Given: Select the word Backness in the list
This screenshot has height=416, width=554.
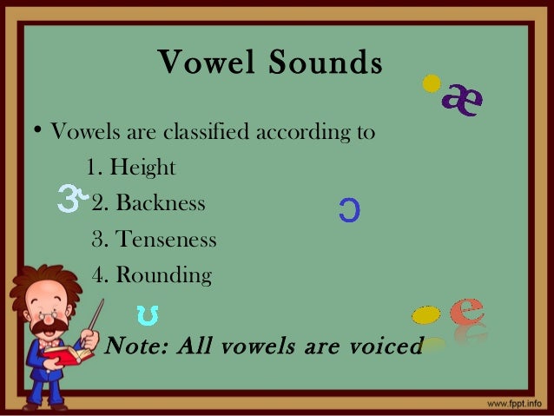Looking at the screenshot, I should click(x=161, y=203).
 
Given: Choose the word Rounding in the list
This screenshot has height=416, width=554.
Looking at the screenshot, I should click(x=163, y=276).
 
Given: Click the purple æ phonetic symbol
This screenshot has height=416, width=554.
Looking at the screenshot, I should click(x=462, y=101).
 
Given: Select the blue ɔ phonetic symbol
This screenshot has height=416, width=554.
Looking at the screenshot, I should click(x=348, y=209).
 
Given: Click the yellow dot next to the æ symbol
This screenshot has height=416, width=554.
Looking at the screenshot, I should click(x=430, y=85).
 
